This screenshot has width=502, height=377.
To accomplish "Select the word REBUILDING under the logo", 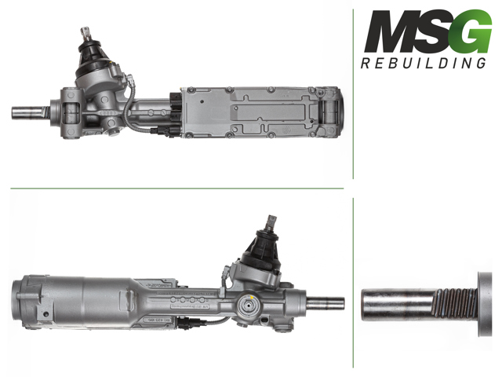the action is click(x=424, y=63).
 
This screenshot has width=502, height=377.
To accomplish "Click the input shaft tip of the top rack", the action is click(x=86, y=31).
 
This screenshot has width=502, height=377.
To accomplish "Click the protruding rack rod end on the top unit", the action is click(x=27, y=112).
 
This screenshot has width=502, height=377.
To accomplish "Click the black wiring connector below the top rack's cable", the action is click(x=162, y=131).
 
